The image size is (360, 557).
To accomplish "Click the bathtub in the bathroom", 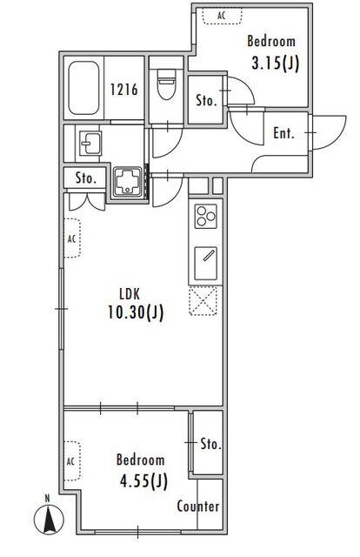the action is [83, 88].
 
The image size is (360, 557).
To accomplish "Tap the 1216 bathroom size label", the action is [123, 90].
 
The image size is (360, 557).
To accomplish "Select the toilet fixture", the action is [166, 84].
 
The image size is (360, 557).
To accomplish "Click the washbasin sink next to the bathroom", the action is [90, 143].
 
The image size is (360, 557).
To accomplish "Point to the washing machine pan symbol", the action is [129, 182].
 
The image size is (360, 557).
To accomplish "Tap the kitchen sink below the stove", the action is [205, 263].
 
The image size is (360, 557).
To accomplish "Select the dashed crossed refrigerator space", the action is [203, 301].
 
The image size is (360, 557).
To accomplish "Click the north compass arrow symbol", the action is [49, 520].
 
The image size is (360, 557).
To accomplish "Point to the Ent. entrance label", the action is [284, 133].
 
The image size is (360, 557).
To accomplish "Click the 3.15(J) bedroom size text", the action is [276, 64].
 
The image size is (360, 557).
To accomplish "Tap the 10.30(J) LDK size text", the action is [136, 312].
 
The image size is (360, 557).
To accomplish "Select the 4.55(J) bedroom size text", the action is [143, 481].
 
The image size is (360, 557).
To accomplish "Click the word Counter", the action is [198, 507].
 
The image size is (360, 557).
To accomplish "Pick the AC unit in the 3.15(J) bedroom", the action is [223, 17].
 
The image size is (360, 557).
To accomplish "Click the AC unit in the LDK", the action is [72, 238].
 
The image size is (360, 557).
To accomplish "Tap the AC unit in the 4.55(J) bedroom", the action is [72, 461].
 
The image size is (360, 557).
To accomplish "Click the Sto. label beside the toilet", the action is [206, 101].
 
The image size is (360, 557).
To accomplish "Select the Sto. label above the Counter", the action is [211, 444].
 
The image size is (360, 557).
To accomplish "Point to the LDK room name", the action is [130, 294].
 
